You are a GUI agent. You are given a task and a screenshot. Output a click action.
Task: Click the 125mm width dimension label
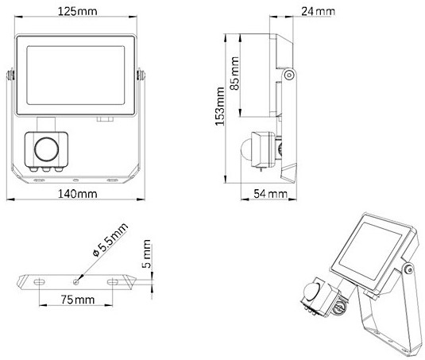tap(78, 11)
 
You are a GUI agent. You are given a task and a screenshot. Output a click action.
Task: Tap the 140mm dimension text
tap(78, 194)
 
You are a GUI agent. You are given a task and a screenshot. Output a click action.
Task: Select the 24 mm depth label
tap(318, 11)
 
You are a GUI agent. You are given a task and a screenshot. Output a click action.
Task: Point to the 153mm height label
tap(220, 106)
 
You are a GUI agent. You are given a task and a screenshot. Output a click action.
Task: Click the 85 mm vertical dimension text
tap(234, 73)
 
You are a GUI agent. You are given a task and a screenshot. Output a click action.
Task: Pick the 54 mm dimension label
tap(270, 194)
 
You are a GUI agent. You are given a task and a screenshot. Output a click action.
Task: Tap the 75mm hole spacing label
tap(78, 300)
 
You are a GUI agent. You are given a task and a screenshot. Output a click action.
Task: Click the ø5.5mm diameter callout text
tap(110, 240)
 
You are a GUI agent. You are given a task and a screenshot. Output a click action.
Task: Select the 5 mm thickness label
tap(146, 254)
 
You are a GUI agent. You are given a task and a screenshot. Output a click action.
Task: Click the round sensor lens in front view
tap(46, 149)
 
